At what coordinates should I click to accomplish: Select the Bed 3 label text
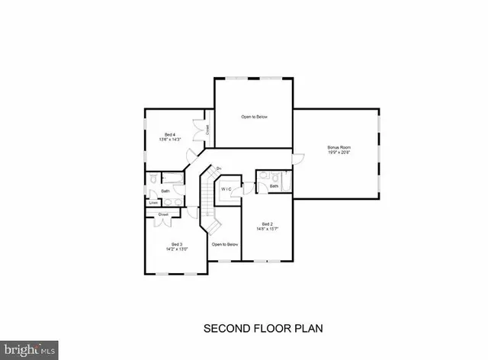point(177,243)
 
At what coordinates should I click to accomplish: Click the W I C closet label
point(226,188)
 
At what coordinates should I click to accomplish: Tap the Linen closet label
point(153,203)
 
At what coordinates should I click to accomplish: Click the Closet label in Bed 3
point(163,215)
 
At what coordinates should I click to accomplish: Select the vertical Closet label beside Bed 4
point(207,130)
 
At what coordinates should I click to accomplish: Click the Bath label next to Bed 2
point(274,185)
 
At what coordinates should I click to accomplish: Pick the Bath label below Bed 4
point(165,191)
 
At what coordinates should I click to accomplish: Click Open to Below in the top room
point(254,117)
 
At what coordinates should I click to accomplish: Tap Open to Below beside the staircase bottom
point(226,244)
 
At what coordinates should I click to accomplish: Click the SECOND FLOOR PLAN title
point(263,329)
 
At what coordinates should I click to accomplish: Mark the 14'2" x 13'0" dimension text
point(177,249)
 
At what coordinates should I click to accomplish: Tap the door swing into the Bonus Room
point(287,159)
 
